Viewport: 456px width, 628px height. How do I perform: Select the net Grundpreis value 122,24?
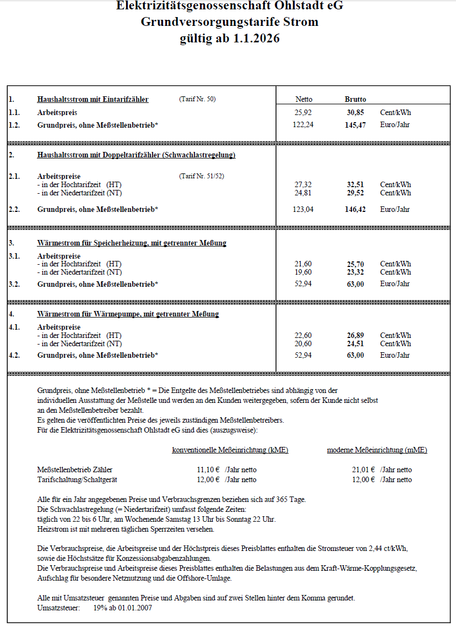pyautogui.click(x=303, y=125)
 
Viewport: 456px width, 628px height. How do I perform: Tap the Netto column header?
pyautogui.click(x=303, y=99)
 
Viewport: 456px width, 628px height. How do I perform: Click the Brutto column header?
pyautogui.click(x=355, y=99)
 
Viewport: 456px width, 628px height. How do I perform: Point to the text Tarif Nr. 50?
pyautogui.click(x=197, y=99)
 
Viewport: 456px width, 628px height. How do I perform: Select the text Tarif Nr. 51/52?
pyautogui.click(x=202, y=176)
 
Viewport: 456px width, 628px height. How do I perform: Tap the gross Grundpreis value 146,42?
pyautogui.click(x=355, y=209)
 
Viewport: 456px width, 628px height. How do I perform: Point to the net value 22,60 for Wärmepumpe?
pyautogui.click(x=303, y=335)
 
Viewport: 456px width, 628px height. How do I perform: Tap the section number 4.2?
pyautogui.click(x=14, y=355)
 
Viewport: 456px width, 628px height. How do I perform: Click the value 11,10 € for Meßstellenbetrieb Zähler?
pyautogui.click(x=208, y=469)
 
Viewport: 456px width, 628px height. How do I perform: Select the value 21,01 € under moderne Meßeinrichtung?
pyautogui.click(x=363, y=469)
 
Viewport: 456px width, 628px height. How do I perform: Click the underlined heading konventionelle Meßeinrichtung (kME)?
pyautogui.click(x=230, y=450)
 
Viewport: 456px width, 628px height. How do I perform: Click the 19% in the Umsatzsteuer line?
pyautogui.click(x=101, y=608)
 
